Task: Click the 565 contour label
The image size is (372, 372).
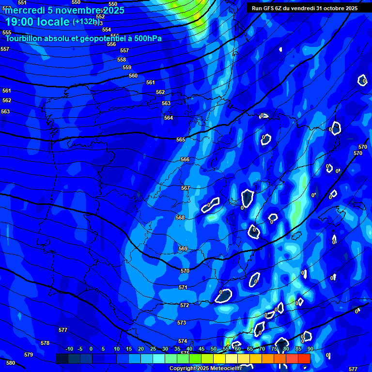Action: (181, 139)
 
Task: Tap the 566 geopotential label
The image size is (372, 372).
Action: (185, 159)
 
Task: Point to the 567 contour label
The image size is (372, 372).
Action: (186, 188)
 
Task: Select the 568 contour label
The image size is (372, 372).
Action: (180, 217)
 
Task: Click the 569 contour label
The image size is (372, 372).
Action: (183, 248)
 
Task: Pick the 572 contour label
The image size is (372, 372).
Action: (185, 306)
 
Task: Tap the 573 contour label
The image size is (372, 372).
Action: (182, 323)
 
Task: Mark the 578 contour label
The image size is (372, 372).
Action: (45, 343)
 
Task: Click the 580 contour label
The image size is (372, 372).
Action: (11, 363)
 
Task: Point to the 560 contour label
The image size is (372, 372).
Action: (133, 76)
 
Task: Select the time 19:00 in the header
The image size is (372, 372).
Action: (19, 22)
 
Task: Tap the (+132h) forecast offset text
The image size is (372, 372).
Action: (86, 21)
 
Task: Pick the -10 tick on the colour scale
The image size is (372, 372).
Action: (69, 349)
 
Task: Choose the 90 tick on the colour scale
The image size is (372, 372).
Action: (310, 349)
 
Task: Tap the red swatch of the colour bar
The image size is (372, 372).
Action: (304, 358)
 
